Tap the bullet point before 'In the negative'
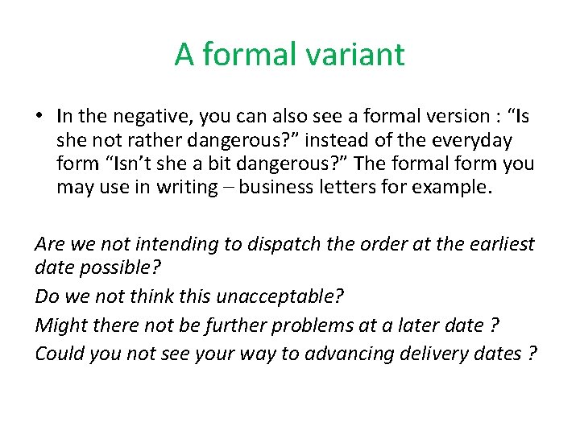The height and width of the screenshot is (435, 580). click(39, 118)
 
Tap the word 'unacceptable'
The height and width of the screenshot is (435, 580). click(279, 296)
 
